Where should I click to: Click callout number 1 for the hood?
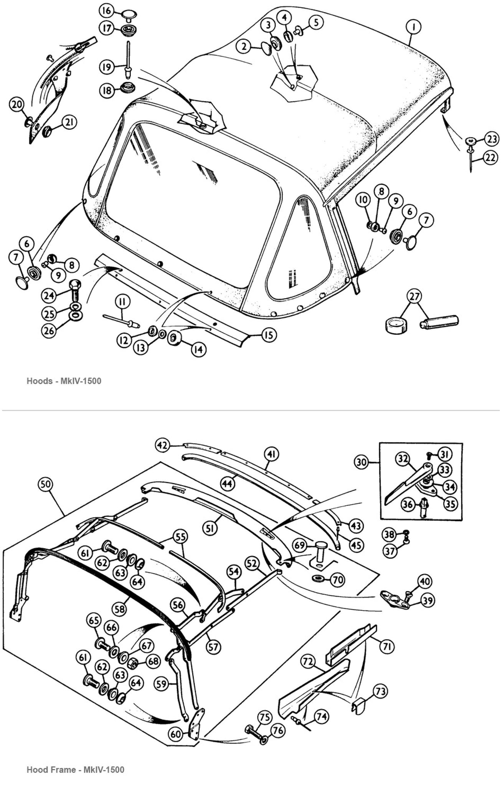(414, 27)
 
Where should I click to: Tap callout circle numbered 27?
(415, 296)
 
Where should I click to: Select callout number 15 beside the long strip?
(269, 335)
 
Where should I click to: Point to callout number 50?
(45, 484)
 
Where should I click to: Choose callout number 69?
(300, 545)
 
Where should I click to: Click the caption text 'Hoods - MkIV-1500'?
(64, 381)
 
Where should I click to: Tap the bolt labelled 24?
(74, 295)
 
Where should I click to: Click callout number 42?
(162, 445)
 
